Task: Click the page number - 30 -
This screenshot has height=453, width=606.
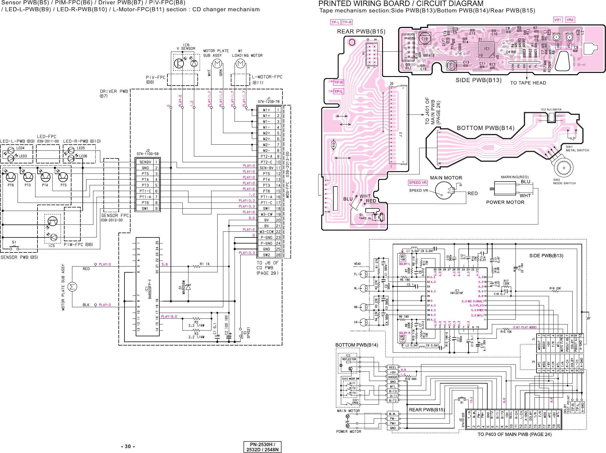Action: click(128, 446)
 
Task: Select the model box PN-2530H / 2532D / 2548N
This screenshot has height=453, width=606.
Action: click(262, 447)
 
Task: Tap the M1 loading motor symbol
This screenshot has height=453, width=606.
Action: click(240, 63)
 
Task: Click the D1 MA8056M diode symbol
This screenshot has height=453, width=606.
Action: click(188, 287)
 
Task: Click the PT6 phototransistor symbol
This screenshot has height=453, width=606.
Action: click(11, 177)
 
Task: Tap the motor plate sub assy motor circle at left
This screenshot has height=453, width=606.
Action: click(72, 287)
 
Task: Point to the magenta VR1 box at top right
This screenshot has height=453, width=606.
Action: click(558, 20)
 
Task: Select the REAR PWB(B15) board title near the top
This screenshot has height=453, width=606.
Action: click(361, 32)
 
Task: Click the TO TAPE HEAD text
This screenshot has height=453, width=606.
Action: click(528, 83)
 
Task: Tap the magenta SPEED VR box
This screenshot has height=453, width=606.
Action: click(418, 183)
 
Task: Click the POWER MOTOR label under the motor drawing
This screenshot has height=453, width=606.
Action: click(505, 202)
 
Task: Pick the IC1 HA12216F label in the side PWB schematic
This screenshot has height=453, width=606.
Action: click(457, 292)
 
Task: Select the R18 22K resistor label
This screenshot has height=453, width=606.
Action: click(555, 288)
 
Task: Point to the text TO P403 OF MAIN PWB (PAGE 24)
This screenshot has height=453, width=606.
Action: click(514, 434)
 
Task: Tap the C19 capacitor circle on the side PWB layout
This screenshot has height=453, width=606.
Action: click(424, 39)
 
